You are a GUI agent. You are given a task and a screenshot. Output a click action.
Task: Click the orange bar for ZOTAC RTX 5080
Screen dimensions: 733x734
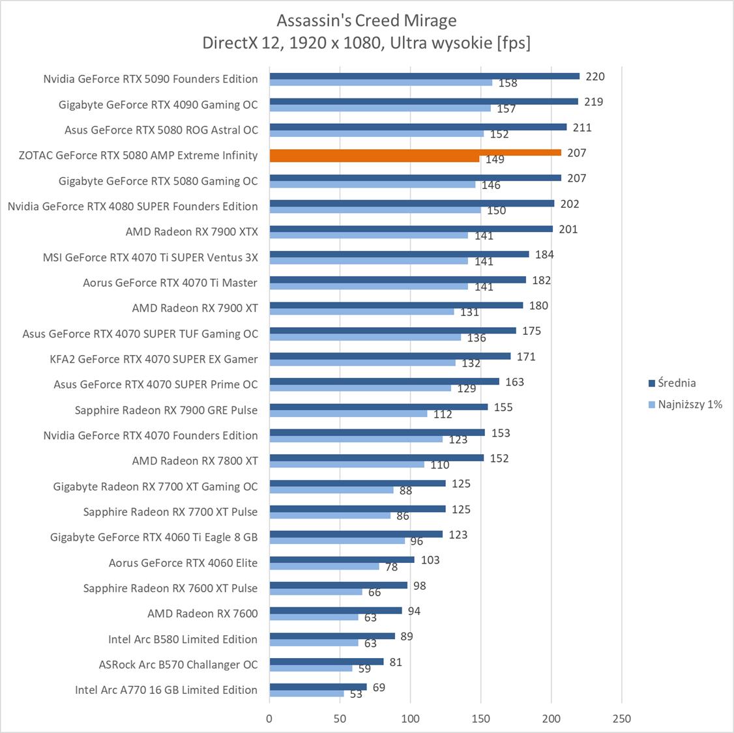click(415, 152)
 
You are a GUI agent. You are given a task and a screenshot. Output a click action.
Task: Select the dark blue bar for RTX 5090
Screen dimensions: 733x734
click(424, 76)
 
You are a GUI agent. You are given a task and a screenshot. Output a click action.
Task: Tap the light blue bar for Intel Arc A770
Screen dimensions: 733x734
click(307, 694)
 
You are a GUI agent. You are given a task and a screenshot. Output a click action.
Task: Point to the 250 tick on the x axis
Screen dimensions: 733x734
click(622, 719)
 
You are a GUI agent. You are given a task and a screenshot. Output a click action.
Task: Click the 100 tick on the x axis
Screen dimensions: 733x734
click(411, 719)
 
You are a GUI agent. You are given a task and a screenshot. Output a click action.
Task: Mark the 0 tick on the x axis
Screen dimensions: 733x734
click(270, 719)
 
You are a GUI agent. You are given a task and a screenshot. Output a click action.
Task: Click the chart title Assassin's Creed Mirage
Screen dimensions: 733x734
click(366, 21)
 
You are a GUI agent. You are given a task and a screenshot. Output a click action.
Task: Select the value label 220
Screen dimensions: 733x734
click(595, 76)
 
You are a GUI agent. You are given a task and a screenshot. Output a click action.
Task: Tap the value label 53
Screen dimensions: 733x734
click(356, 695)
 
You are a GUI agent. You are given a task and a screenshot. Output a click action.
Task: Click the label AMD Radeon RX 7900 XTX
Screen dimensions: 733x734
click(192, 231)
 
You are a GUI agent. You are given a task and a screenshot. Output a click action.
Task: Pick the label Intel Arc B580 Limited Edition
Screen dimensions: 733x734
click(183, 639)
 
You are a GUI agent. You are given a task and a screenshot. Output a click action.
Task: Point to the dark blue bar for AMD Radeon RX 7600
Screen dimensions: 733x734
click(336, 611)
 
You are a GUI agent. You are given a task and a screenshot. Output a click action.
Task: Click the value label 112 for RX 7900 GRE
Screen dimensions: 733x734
click(443, 414)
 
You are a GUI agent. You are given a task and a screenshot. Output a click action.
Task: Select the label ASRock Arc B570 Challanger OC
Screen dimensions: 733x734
click(178, 665)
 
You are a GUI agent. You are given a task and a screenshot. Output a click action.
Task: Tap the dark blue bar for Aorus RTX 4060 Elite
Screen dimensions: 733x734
click(342, 560)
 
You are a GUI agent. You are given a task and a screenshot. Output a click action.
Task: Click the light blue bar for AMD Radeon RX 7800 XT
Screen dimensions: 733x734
click(347, 465)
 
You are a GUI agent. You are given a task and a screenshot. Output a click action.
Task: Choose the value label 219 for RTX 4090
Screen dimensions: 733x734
click(594, 102)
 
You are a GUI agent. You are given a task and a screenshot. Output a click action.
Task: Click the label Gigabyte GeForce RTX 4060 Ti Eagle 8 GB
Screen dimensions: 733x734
click(154, 538)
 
